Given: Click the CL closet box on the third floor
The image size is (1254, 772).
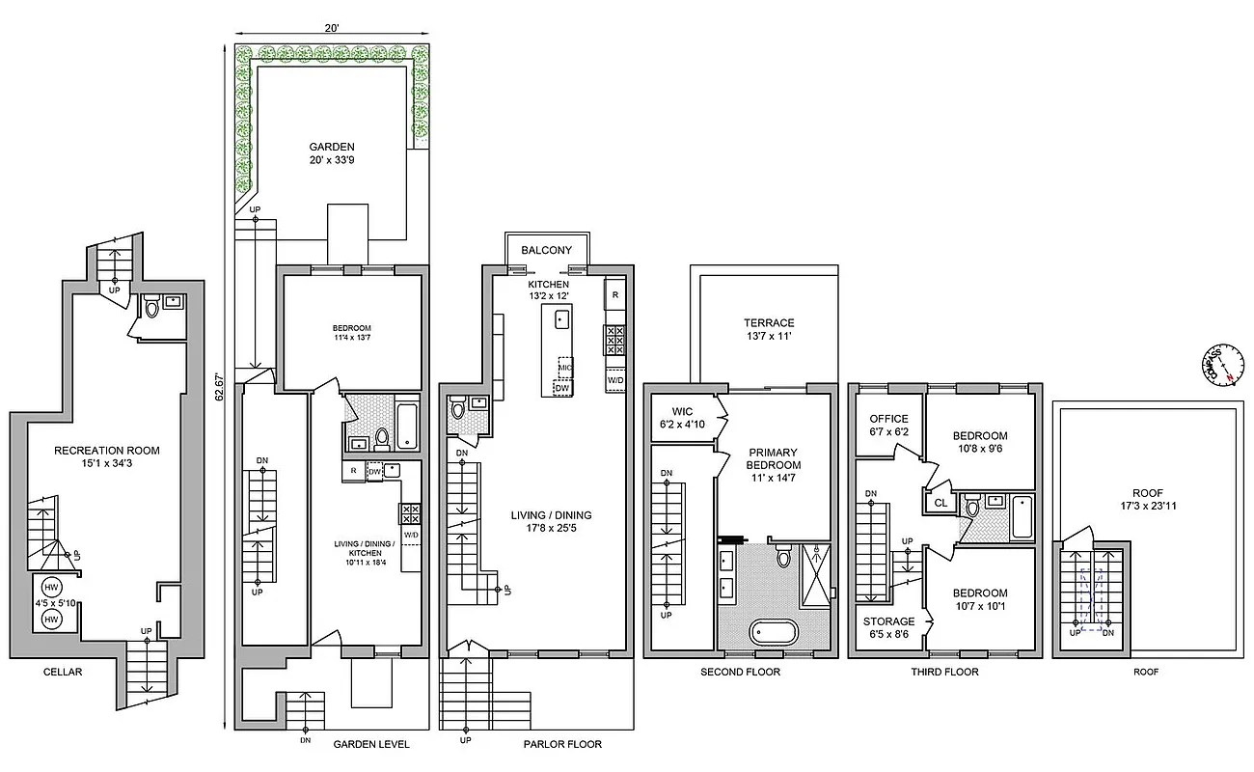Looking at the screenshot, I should pos(940,503).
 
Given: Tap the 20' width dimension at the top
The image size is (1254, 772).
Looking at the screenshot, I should pos(331,29).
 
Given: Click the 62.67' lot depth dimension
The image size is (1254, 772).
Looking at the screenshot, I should pos(221,386).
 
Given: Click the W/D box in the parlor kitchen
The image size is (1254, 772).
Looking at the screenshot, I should pos(614,380).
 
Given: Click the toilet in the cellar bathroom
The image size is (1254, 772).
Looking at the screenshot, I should pos(150,307).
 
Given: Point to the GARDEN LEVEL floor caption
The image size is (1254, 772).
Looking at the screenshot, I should pos(371,744).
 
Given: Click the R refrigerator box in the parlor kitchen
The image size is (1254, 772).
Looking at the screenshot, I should pos(614,293).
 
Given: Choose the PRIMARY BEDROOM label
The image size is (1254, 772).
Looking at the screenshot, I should pos(773,457).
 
